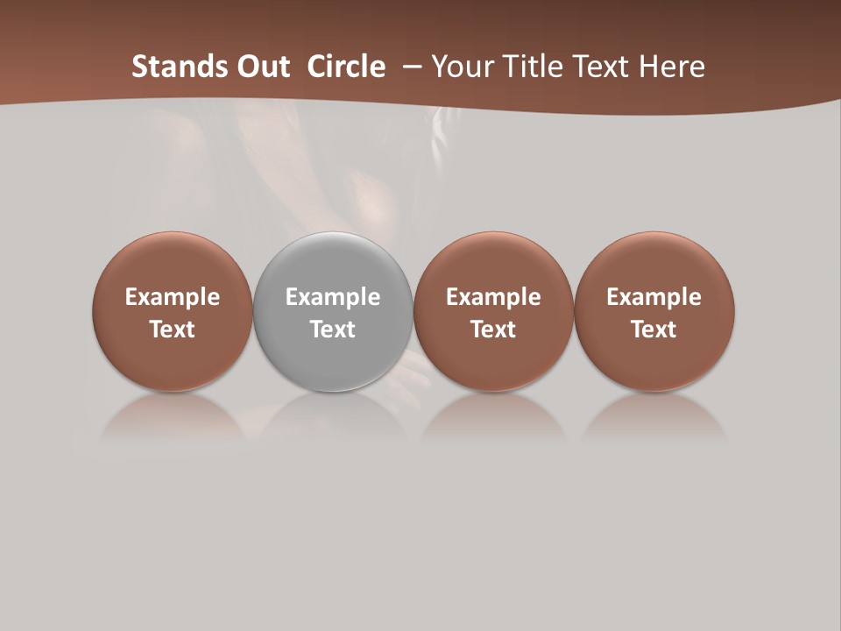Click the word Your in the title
pos(460,67)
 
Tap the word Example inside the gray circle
pos(333,297)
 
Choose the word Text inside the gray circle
pos(333,330)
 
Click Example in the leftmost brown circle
pos(173,297)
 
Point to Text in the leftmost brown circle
pos(173,330)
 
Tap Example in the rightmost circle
pos(654,297)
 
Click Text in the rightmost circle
pos(654,330)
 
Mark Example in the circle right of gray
pos(493,297)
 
